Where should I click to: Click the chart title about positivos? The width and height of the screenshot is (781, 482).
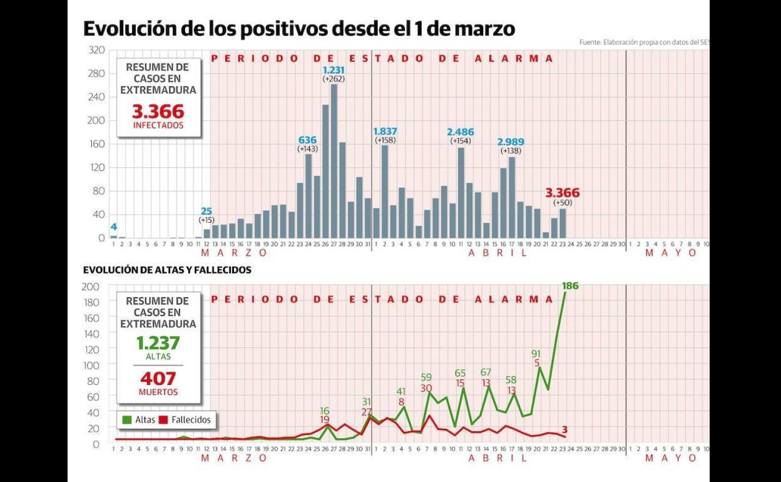point(299,29)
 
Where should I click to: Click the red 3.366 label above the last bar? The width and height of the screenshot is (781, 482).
point(562,193)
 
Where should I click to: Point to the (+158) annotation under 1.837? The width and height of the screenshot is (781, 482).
point(385,141)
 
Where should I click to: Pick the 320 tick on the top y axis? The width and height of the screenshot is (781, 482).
point(96,49)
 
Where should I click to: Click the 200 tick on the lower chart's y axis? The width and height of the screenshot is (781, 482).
point(91,287)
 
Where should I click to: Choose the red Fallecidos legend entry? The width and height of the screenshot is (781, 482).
point(185,420)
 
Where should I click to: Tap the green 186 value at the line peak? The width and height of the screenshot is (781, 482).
point(570,286)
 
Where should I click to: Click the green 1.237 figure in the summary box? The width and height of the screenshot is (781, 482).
point(158,343)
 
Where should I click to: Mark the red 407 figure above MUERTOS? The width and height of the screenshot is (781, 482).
point(158,379)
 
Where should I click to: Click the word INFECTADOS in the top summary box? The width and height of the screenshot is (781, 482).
point(158,125)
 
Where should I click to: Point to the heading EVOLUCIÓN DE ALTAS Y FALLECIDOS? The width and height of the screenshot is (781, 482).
point(167,270)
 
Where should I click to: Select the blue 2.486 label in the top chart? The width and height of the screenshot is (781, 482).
point(460,131)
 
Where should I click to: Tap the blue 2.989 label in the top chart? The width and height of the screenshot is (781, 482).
point(511,141)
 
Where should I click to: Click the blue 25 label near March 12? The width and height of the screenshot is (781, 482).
point(207,211)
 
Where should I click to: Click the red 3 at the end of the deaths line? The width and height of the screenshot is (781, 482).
point(564,429)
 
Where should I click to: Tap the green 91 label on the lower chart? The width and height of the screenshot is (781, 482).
point(537,353)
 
